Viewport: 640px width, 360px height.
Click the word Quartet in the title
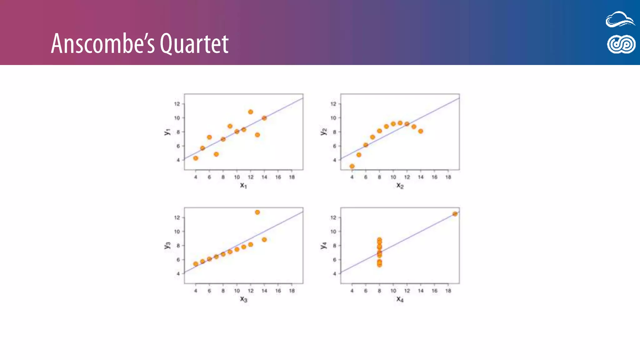point(194,44)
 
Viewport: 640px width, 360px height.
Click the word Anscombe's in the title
point(103,44)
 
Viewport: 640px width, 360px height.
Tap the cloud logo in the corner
point(620,19)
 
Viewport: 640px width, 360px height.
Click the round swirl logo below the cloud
point(621,44)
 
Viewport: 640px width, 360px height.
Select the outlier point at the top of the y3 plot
point(257,212)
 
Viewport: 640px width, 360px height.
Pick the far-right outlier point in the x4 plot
point(455,214)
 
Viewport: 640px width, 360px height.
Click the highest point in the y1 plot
point(250,112)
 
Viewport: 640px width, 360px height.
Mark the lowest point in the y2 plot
point(352,166)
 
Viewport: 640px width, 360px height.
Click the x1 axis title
point(243,185)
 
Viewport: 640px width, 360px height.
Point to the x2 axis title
point(400,185)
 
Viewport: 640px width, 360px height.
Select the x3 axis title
point(243,299)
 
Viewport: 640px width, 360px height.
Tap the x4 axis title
point(400,299)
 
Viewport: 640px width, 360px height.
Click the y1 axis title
point(167,132)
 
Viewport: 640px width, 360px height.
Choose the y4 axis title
point(323,245)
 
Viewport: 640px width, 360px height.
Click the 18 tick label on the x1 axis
point(292,177)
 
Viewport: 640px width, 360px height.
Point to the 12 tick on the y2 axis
point(333,104)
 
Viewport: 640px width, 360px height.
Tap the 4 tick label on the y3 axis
point(178,274)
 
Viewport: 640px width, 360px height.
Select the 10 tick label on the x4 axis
point(393,291)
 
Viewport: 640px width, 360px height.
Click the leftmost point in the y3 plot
point(196,264)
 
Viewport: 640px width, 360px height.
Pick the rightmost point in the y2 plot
point(421,131)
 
